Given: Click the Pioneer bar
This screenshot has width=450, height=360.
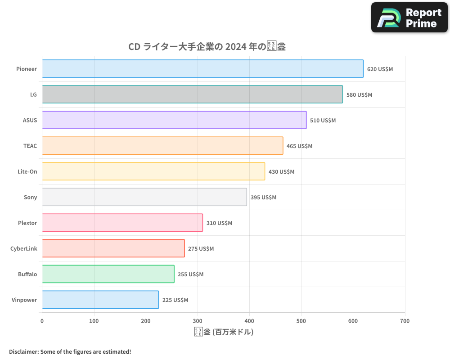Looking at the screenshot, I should [x=202, y=69].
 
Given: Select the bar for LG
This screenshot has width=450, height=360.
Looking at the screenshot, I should [x=192, y=94].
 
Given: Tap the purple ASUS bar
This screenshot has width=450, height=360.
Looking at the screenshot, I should [x=174, y=120].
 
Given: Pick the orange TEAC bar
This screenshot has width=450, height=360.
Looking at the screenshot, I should [x=162, y=146].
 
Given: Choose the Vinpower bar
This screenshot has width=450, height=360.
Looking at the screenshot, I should [x=100, y=300].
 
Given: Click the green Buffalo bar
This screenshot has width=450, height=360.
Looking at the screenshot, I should [x=108, y=274].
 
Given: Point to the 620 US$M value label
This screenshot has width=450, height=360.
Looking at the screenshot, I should [x=380, y=69].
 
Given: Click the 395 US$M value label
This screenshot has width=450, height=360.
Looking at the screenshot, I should [x=263, y=198].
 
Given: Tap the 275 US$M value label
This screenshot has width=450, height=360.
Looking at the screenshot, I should [x=201, y=249].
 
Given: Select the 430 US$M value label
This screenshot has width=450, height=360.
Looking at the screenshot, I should [x=281, y=172].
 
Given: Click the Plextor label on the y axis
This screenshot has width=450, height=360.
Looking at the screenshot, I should [x=27, y=223].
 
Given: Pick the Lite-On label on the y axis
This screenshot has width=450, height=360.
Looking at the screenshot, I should [x=27, y=171].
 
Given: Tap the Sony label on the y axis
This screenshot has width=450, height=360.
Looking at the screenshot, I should [x=30, y=197].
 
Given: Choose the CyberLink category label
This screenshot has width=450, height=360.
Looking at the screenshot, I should [x=24, y=248].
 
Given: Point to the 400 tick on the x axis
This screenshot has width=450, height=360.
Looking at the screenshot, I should [x=249, y=321].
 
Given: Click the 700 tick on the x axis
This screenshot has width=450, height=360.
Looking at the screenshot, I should [x=405, y=321].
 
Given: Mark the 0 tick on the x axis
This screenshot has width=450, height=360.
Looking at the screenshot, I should [x=42, y=321].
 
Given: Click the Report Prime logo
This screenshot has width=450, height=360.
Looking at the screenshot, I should [x=409, y=18].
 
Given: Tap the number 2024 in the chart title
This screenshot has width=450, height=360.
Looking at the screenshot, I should [x=236, y=46].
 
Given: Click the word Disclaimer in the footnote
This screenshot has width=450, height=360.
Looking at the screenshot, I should [x=23, y=351].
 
